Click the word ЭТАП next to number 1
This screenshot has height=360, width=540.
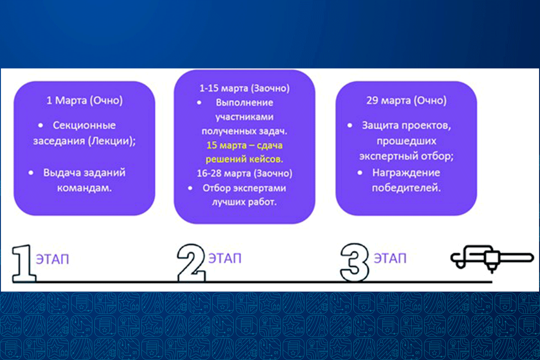tap(52, 259)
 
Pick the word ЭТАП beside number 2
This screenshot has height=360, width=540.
tap(225, 258)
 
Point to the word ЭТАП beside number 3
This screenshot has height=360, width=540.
tap(390, 258)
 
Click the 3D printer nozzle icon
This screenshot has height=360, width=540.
tap(492, 259)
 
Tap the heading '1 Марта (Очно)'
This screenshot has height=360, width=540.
tap(85, 100)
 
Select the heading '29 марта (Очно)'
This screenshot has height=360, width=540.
tap(406, 100)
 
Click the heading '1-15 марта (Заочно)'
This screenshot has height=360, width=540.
tap(244, 89)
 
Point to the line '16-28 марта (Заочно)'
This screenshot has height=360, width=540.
tap(244, 173)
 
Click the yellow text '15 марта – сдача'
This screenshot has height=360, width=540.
tap(244, 145)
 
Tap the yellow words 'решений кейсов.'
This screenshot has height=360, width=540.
tap(244, 159)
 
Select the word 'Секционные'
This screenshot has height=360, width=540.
tap(84, 126)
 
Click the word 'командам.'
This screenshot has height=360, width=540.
tap(85, 188)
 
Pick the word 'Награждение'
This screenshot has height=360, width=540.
tap(406, 173)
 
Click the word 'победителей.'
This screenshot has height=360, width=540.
tap(406, 188)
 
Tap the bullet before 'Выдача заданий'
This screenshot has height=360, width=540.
tap(31, 173)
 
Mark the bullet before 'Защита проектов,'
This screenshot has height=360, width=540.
tap(350, 126)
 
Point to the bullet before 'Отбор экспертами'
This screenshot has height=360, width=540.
tap(190, 188)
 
